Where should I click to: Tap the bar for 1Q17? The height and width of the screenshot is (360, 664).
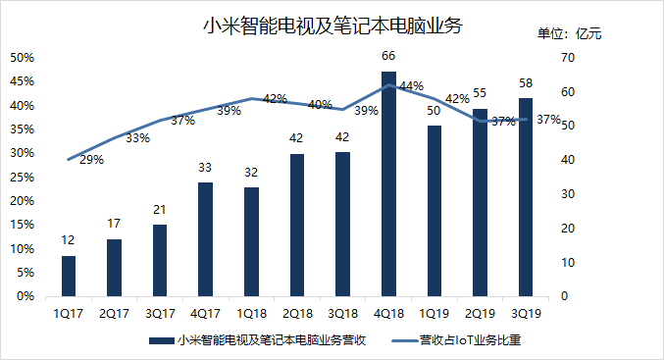[x=68, y=276]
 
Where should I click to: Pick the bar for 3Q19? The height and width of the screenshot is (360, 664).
[x=526, y=196]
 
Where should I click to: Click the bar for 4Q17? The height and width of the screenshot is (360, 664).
[x=205, y=238]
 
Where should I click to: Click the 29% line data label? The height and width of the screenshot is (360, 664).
[x=91, y=159]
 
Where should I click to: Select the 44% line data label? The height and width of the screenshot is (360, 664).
[x=412, y=86]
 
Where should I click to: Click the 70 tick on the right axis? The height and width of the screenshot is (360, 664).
[x=567, y=58]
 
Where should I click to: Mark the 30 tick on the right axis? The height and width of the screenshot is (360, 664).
[x=567, y=194]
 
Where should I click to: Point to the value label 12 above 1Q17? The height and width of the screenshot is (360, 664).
[x=68, y=241]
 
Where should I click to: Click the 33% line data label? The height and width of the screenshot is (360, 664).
[x=138, y=138]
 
